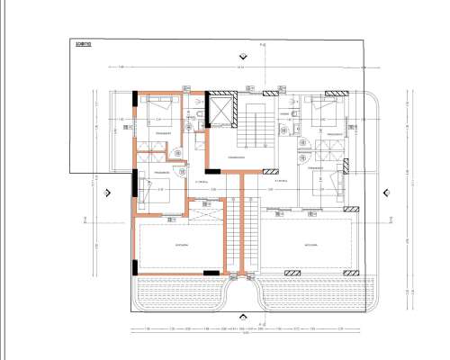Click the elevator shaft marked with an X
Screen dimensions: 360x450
[x=220, y=112]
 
